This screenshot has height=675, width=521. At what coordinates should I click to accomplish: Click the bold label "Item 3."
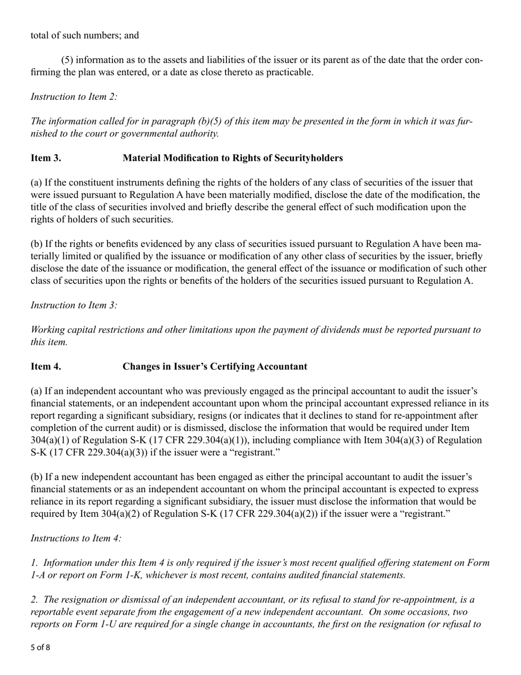click(46, 158)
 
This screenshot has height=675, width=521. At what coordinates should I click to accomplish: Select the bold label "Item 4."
click(46, 366)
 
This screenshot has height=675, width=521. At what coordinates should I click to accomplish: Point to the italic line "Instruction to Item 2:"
click(74, 97)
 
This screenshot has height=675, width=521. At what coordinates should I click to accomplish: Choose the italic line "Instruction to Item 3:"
click(74, 305)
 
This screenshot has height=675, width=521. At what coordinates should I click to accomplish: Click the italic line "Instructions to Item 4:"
click(76, 538)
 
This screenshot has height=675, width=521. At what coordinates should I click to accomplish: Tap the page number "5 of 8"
click(40, 648)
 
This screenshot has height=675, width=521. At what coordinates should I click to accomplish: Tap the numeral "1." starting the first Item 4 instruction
click(34, 562)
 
